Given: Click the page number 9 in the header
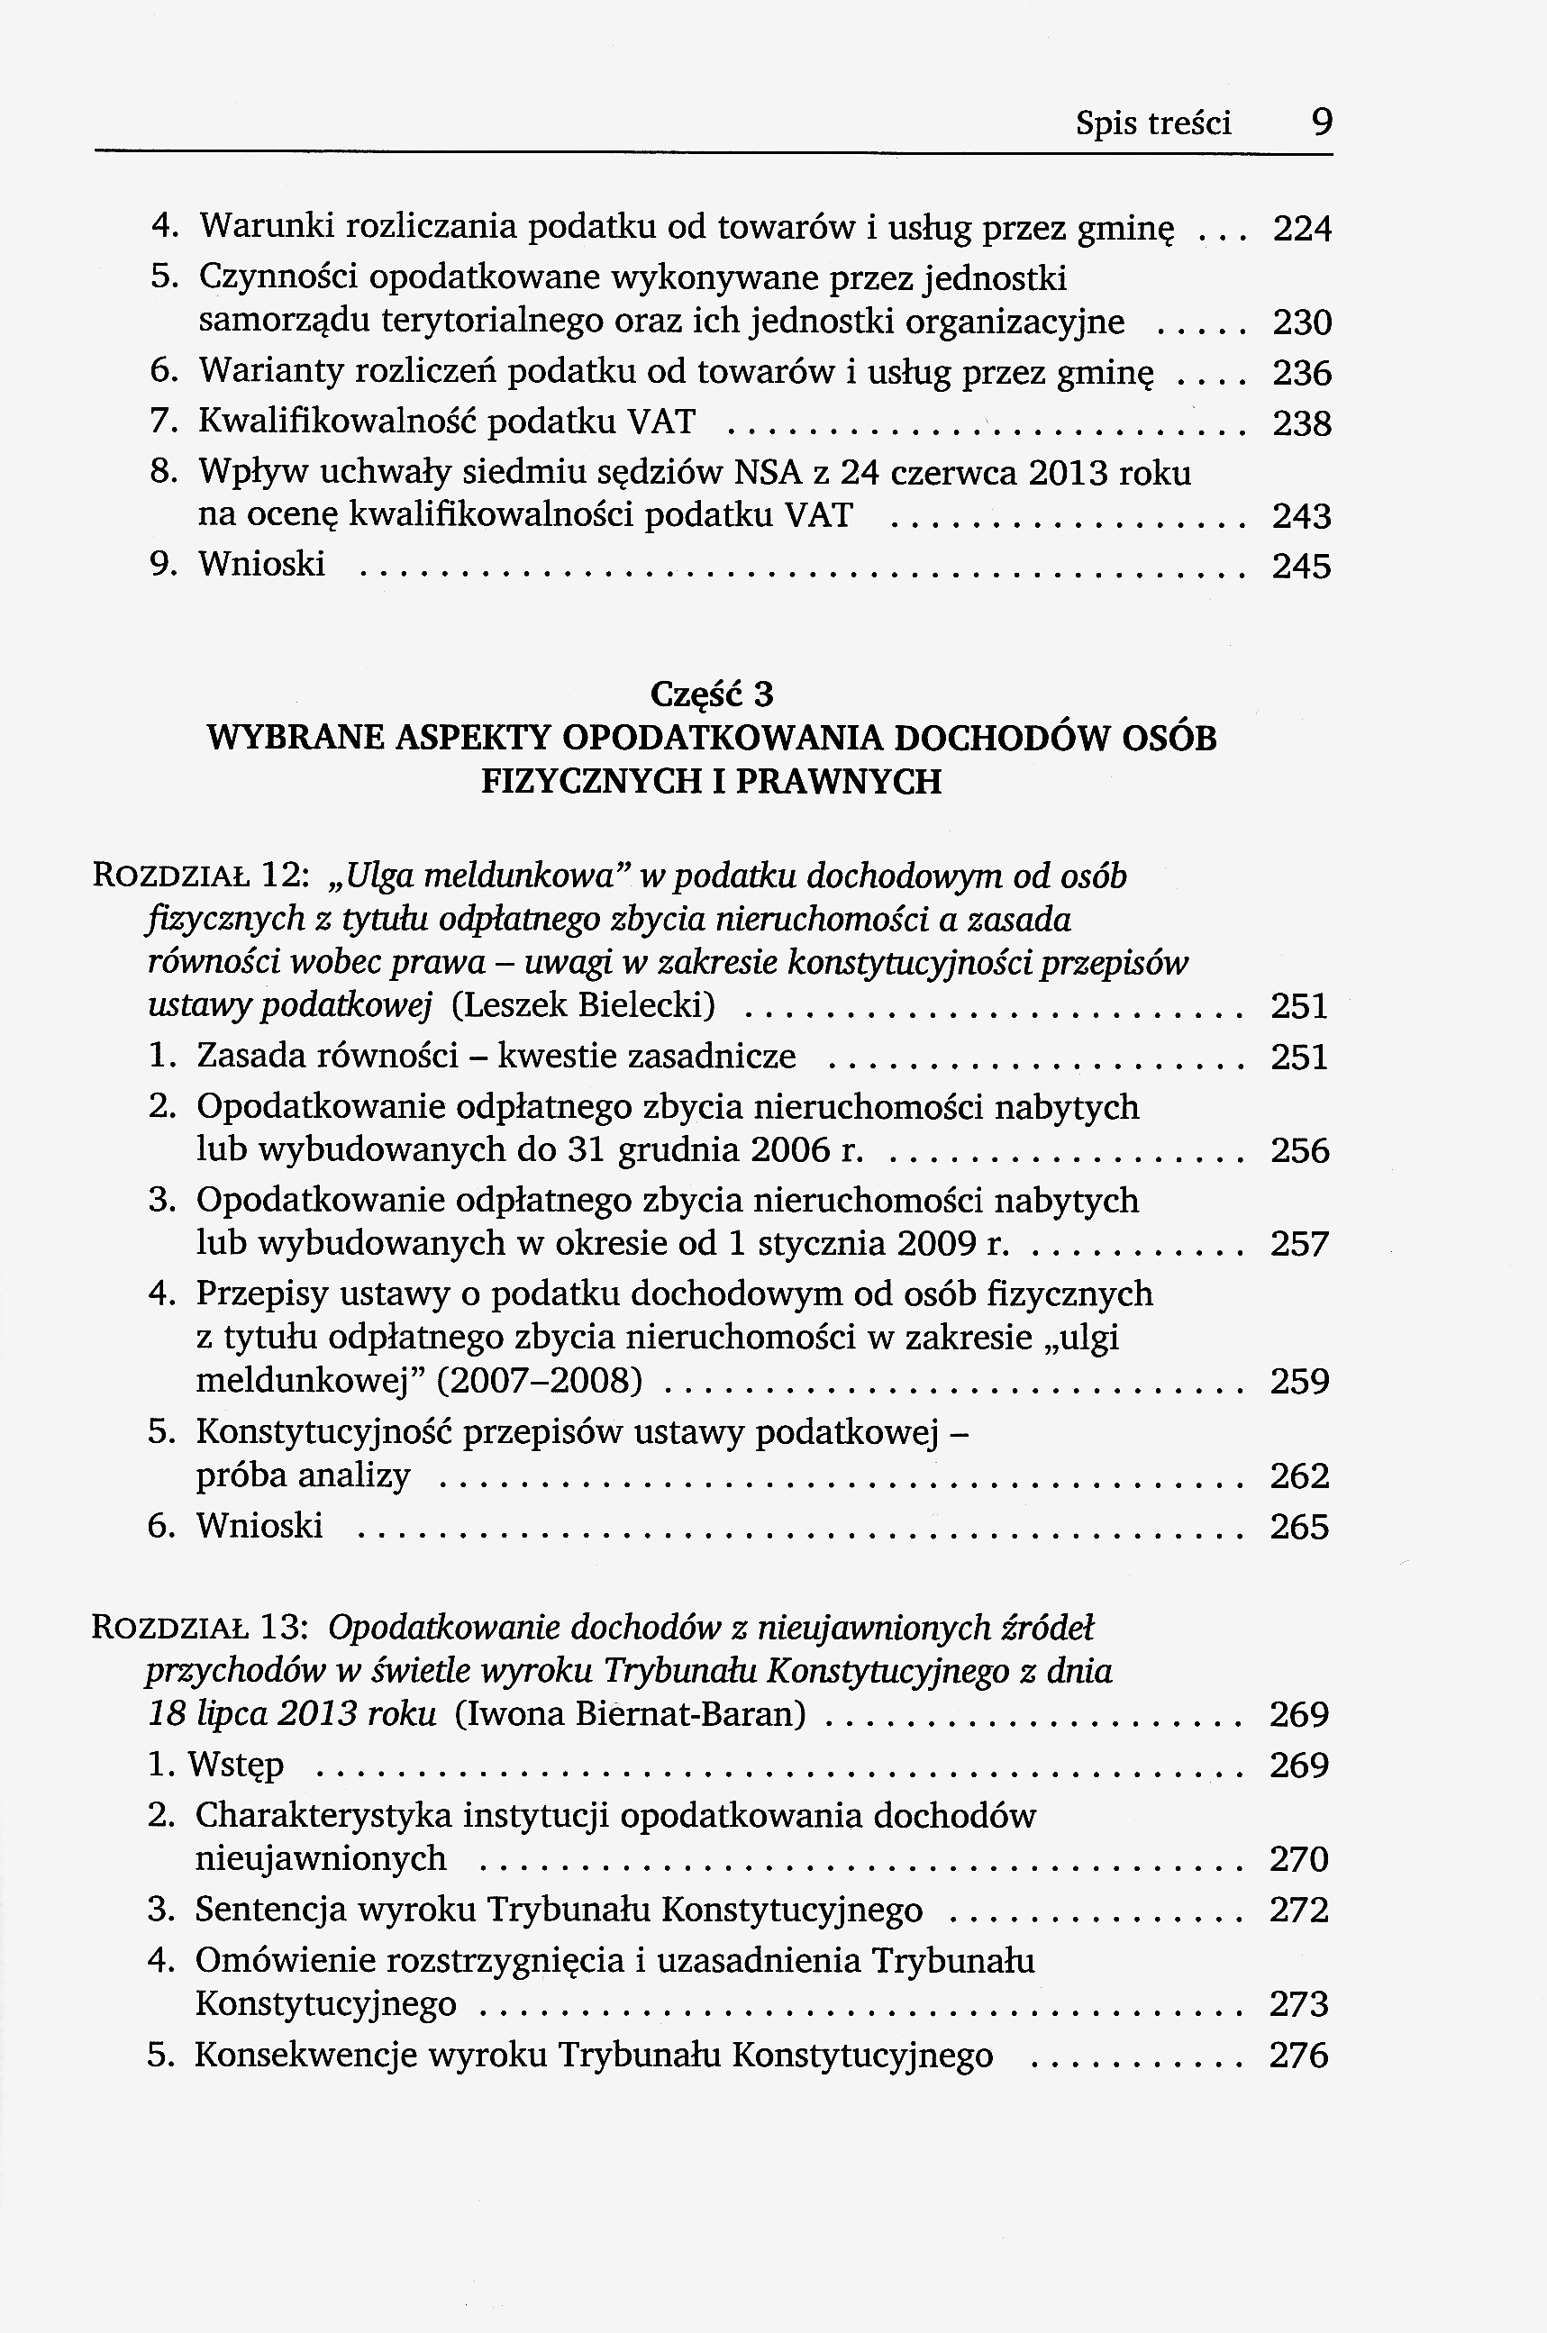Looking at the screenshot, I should coord(1322,123).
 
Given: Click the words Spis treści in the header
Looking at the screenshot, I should coord(1152,124).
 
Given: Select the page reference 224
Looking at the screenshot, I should coord(1302,230).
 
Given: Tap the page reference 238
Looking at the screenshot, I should coord(1302,424).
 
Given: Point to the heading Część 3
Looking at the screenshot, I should coord(713,695).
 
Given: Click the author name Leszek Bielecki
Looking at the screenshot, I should coord(584,1005).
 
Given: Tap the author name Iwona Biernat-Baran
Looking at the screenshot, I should coord(631,1713).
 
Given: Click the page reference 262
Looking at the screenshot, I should coord(1299,1475).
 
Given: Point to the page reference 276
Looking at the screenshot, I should coord(1299,2056).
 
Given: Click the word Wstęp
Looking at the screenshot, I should coord(235,1765).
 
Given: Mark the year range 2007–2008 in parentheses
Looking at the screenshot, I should coord(539,1380).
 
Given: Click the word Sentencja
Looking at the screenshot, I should coord(270,1910).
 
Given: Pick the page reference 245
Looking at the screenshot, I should coord(1301,567).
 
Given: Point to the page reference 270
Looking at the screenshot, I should coord(1299,1859).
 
